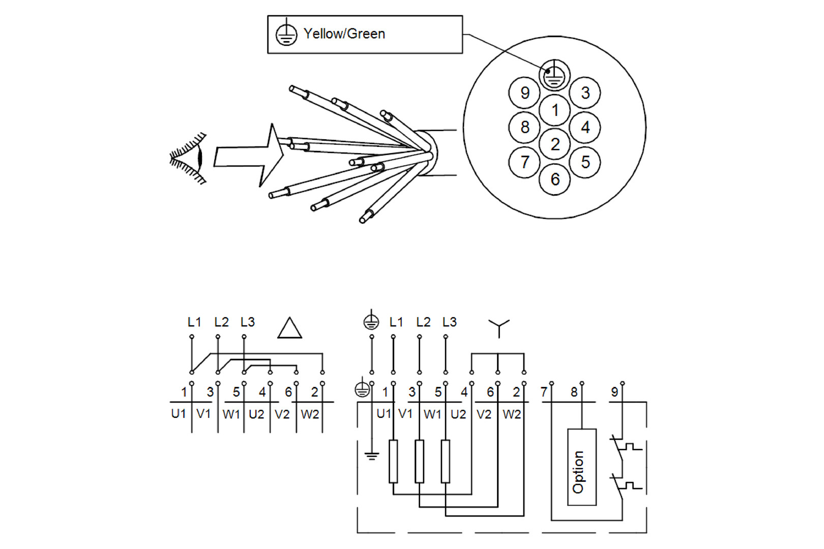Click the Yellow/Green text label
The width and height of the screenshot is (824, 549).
344,34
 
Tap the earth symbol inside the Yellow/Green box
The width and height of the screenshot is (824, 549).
286,34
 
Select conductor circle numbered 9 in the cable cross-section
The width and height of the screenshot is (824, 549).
524,93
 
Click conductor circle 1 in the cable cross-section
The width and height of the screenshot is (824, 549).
555,110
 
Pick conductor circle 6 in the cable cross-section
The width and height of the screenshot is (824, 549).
555,179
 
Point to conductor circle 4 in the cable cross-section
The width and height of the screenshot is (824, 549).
585,127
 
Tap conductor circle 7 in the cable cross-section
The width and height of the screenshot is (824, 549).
524,162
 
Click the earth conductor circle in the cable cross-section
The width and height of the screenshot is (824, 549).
554,75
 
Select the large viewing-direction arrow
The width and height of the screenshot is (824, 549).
249,156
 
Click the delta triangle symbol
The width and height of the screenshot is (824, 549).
290,329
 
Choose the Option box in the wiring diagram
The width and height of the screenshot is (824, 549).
582,467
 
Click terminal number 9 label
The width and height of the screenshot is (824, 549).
614,392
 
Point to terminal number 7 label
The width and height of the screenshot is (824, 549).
544,392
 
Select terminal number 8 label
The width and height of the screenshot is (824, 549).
574,392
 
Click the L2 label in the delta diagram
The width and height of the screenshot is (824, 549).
221,322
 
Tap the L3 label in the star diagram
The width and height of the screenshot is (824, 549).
450,322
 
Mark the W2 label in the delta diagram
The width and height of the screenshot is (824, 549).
310,414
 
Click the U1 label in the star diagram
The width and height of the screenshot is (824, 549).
384,414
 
